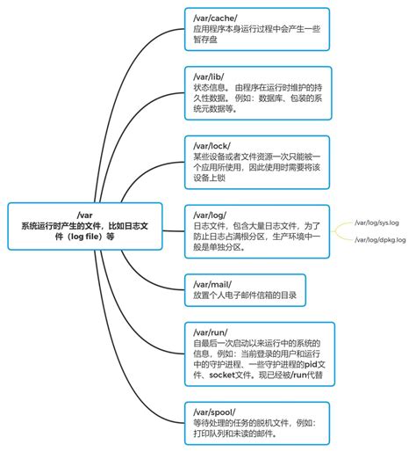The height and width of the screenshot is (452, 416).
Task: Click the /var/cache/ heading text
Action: pos(213,16)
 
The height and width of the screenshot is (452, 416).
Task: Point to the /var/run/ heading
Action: pos(209,331)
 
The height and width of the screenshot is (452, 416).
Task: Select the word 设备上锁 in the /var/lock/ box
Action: pos(209,178)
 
